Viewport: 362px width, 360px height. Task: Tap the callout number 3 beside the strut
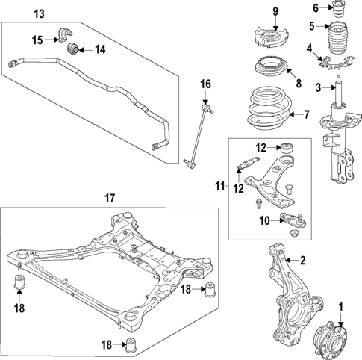[x=317, y=88]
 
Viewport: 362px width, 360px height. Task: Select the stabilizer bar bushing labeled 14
[x=73, y=49]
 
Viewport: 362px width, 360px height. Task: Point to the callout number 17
[x=109, y=198]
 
